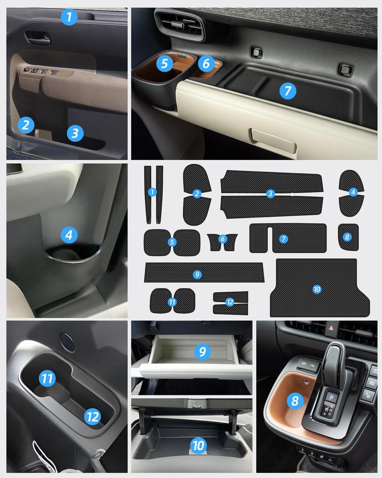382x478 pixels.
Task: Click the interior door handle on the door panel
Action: tap(38, 37)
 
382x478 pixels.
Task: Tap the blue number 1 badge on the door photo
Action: tap(69, 17)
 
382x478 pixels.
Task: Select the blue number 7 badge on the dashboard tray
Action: tap(288, 91)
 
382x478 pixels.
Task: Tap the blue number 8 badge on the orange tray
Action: tap(295, 400)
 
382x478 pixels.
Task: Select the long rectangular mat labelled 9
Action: tap(204, 273)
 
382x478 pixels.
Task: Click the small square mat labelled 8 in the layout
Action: tap(348, 237)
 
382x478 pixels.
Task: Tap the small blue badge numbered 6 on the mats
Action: tap(222, 239)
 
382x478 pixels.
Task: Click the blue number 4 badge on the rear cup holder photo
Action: tap(69, 235)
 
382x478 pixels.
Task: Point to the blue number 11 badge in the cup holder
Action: tap(47, 378)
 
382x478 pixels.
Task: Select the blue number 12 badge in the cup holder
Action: tap(93, 416)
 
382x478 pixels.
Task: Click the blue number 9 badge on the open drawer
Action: tap(202, 351)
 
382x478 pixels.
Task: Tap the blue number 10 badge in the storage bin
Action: tap(198, 445)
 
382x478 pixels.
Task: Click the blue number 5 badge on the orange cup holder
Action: tap(164, 63)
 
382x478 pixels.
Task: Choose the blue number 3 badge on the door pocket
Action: tap(75, 134)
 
